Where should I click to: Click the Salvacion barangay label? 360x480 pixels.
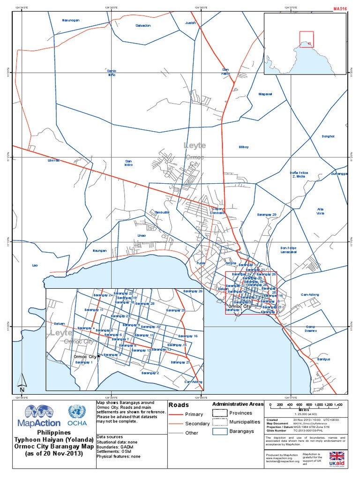click(x=143, y=25)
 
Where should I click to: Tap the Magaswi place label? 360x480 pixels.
click(x=265, y=94)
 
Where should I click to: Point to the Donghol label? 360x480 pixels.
click(x=328, y=136)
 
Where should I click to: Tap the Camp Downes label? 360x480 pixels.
click(x=311, y=329)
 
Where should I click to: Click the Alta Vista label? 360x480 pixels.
click(x=321, y=211)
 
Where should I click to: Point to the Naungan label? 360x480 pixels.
click(x=99, y=251)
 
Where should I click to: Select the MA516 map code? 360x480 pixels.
click(x=340, y=8)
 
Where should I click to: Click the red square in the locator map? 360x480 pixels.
click(x=306, y=38)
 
